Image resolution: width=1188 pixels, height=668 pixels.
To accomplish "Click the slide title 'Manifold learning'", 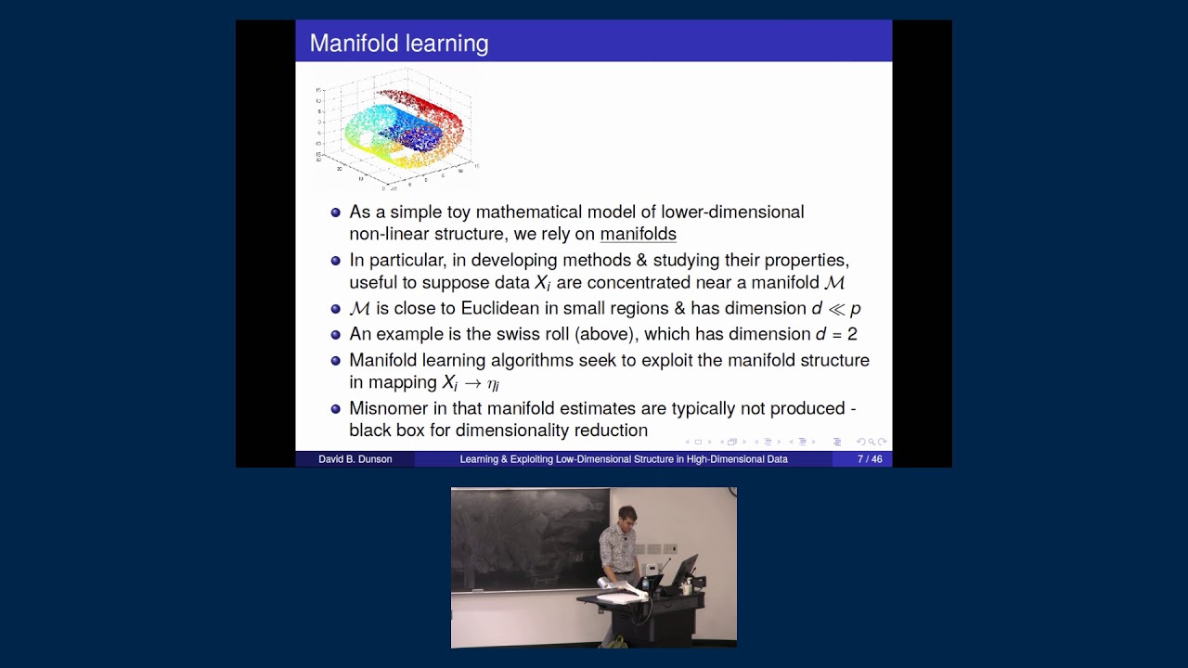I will click(398, 44).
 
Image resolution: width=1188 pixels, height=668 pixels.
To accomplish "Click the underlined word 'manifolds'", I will click(638, 235).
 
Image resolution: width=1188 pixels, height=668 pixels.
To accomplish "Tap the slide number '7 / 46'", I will click(870, 459).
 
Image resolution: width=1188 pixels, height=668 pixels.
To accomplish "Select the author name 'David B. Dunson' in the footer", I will click(355, 459).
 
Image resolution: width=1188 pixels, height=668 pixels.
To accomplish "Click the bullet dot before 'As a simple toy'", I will click(336, 212).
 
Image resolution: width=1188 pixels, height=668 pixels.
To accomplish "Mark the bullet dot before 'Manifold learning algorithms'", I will click(336, 360).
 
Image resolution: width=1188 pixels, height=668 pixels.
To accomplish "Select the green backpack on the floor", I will click(614, 641).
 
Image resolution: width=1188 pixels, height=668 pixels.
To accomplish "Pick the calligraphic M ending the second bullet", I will click(833, 283).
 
